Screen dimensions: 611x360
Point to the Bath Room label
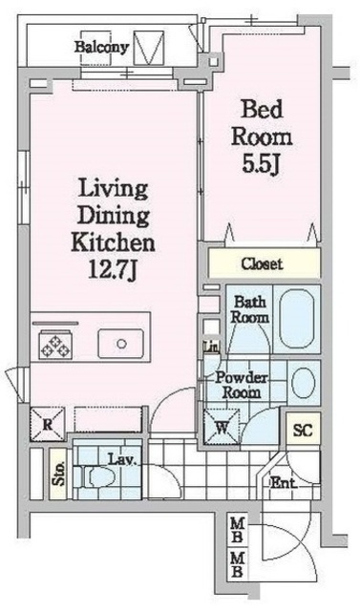coord(251,309)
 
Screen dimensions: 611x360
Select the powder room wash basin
coord(303,384)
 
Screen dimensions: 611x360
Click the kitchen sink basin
coord(122,343)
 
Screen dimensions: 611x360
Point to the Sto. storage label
coord(57,474)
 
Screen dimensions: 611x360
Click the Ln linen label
coord(208,348)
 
